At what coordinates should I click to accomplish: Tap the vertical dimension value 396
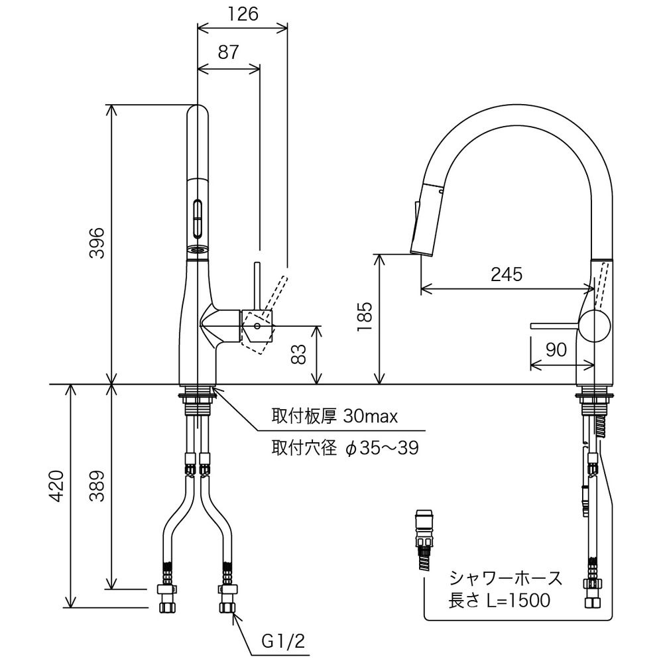[x=97, y=243]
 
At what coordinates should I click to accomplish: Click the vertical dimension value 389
[x=97, y=488]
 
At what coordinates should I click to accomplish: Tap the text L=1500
[x=516, y=601]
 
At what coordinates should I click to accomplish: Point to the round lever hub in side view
[x=594, y=326]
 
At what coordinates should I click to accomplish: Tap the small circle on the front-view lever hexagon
[x=257, y=326]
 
